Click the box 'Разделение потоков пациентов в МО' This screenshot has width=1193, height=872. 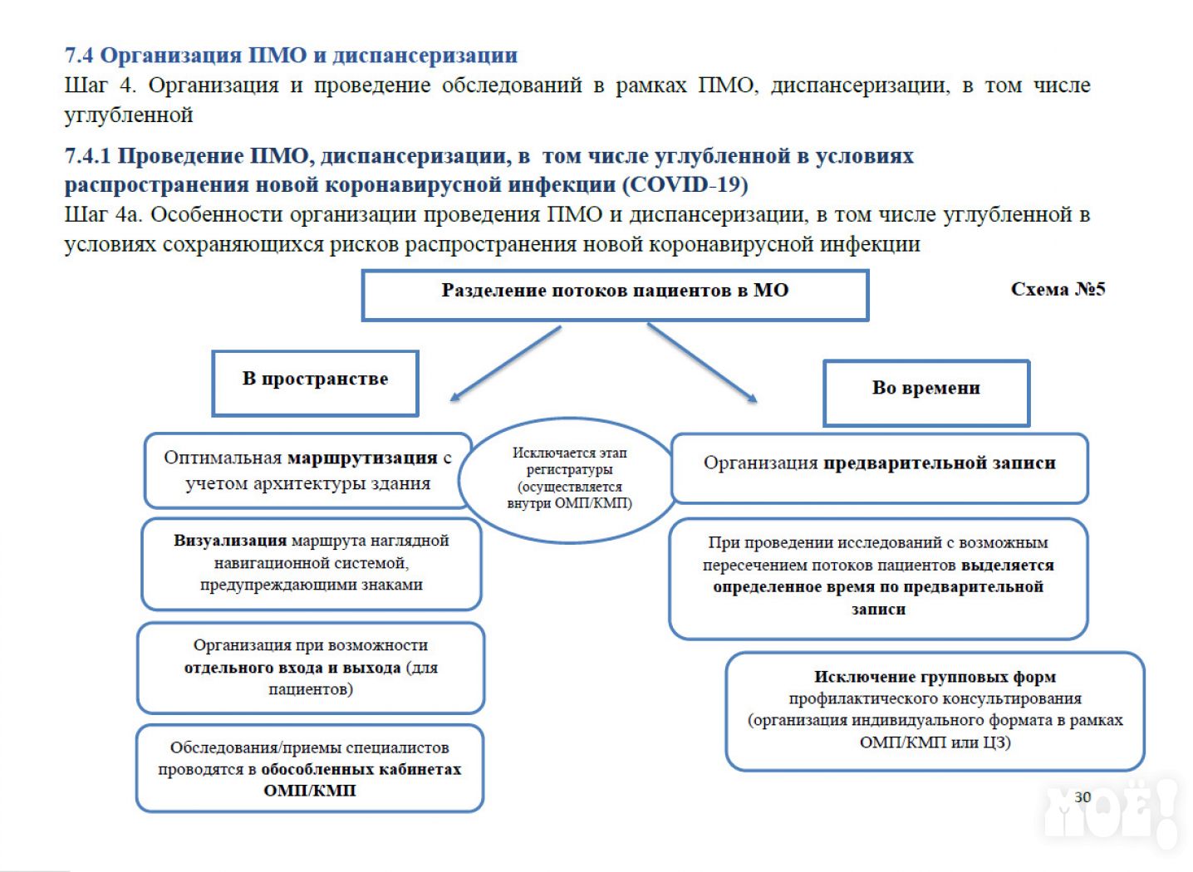click(615, 295)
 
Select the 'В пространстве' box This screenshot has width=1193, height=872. click(315, 382)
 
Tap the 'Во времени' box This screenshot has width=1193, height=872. click(925, 392)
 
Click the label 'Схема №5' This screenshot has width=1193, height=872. click(1057, 289)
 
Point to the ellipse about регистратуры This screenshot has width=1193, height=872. click(569, 479)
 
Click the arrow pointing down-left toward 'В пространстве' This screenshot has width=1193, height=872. click(504, 364)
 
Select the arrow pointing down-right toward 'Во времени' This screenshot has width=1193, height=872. click(702, 363)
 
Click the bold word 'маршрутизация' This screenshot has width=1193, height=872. click(362, 458)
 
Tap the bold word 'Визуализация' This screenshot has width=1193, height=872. click(229, 541)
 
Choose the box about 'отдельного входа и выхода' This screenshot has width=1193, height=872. click(311, 667)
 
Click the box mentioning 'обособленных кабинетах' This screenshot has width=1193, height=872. click(310, 768)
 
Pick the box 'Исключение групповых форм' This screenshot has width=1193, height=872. click(935, 710)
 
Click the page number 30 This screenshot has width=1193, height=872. click(1082, 796)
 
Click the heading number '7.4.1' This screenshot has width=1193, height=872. click(87, 156)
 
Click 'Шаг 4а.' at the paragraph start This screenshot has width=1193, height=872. click(104, 215)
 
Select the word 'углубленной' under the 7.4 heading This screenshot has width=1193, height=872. click(129, 115)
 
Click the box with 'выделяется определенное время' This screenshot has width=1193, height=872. click(878, 577)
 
